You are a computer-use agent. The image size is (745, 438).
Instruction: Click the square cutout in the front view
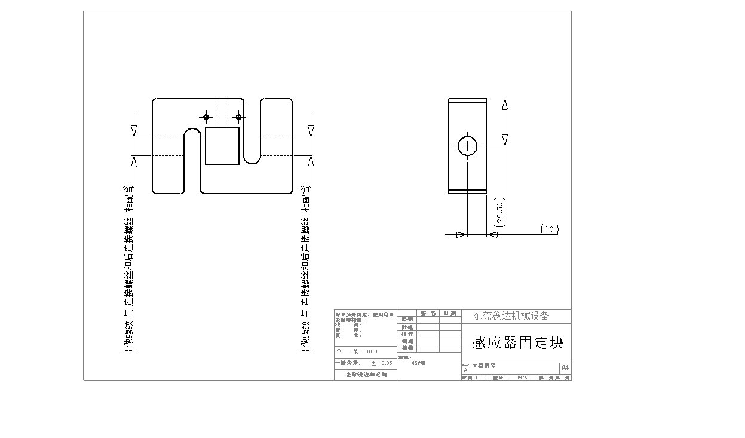click(222, 146)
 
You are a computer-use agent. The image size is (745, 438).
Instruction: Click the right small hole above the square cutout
click(238, 117)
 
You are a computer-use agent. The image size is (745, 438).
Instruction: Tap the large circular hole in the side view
click(468, 145)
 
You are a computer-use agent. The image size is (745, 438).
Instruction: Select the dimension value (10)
click(550, 229)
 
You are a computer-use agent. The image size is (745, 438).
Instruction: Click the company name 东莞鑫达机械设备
click(511, 316)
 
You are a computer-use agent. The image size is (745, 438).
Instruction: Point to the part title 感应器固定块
click(517, 342)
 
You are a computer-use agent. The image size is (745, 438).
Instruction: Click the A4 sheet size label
click(565, 368)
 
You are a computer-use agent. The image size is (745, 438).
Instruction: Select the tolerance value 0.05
click(387, 363)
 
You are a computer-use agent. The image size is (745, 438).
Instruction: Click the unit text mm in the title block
click(372, 351)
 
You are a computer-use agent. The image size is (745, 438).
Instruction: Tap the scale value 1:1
click(479, 378)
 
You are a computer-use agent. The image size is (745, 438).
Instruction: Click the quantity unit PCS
click(522, 378)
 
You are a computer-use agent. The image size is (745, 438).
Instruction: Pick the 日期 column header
click(450, 313)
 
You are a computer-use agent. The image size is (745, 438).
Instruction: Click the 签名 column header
click(428, 313)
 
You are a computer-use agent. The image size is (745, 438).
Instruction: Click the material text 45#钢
click(419, 362)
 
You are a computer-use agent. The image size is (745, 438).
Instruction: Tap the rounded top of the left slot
click(192, 130)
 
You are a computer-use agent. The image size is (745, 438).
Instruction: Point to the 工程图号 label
click(483, 366)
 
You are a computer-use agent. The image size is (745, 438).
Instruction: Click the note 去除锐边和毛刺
click(366, 375)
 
